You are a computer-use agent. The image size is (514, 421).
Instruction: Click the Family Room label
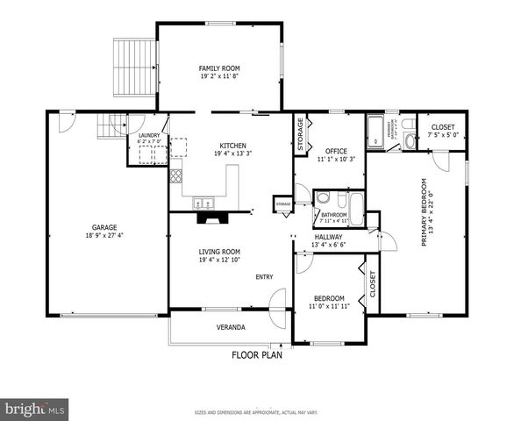(218, 68)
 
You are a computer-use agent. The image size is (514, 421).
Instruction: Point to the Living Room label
(218, 251)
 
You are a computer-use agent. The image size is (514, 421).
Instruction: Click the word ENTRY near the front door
(264, 277)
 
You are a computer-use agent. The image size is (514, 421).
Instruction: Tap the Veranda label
(231, 327)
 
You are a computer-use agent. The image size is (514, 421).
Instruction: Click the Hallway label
(329, 237)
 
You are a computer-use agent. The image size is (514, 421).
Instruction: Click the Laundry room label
(147, 134)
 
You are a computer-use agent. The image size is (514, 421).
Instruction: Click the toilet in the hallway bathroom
(323, 197)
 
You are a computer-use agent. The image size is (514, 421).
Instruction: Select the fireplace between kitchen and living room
(207, 209)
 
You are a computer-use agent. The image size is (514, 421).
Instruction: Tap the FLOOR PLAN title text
(258, 355)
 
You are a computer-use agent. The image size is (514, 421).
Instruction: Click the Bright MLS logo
(34, 408)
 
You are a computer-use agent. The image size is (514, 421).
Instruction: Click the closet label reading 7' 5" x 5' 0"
(442, 135)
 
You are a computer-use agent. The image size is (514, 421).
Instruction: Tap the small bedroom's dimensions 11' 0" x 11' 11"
(329, 307)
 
